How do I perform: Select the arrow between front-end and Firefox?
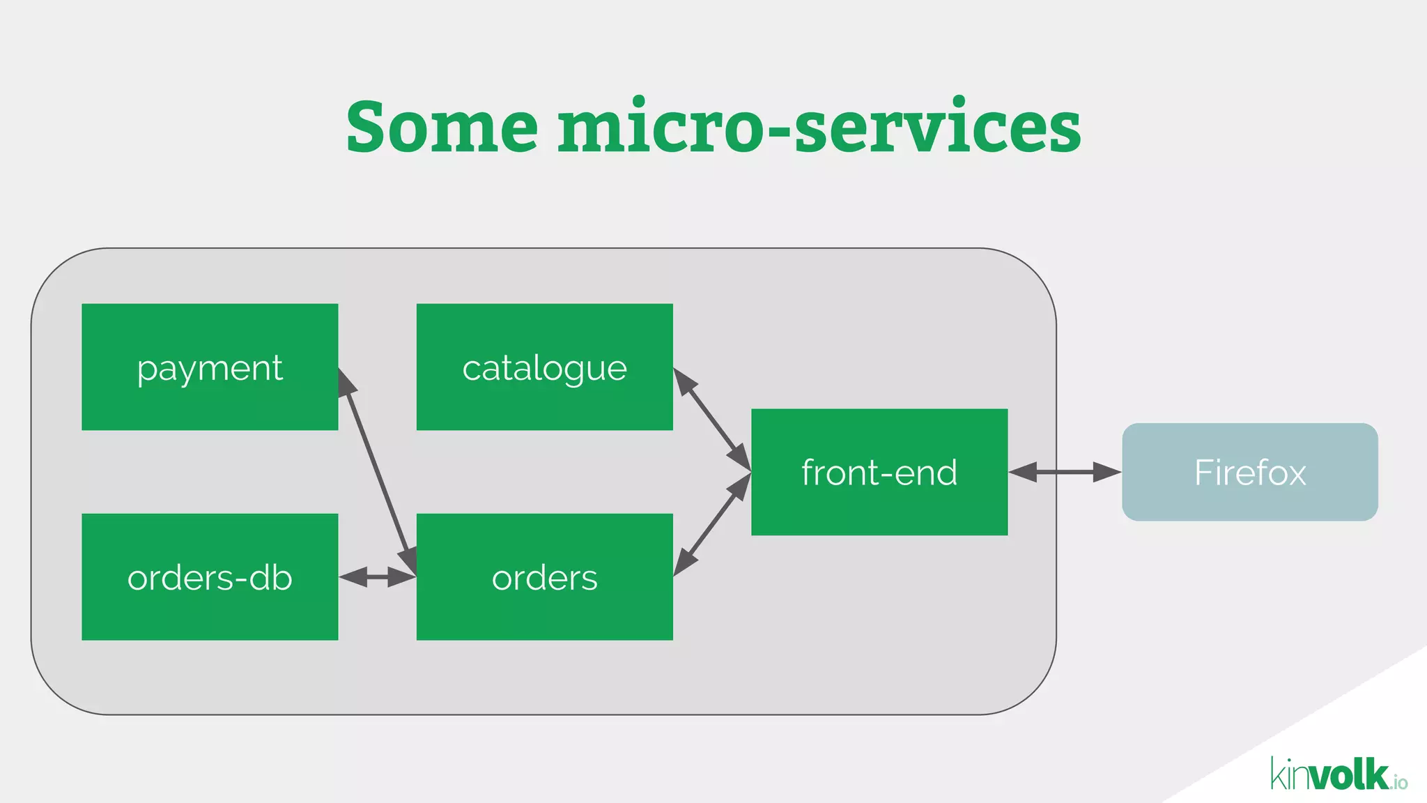pos(1064,472)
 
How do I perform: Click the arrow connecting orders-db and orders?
pos(377,577)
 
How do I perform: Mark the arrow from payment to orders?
pos(377,473)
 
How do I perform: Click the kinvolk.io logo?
pos(1339,774)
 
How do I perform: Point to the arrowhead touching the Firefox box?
pos(1108,472)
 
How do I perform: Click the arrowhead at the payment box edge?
pos(346,382)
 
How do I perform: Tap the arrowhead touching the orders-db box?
pos(353,577)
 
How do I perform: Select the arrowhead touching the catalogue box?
pos(684,381)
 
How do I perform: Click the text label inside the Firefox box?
pos(1249,473)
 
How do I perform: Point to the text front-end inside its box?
pos(879,473)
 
